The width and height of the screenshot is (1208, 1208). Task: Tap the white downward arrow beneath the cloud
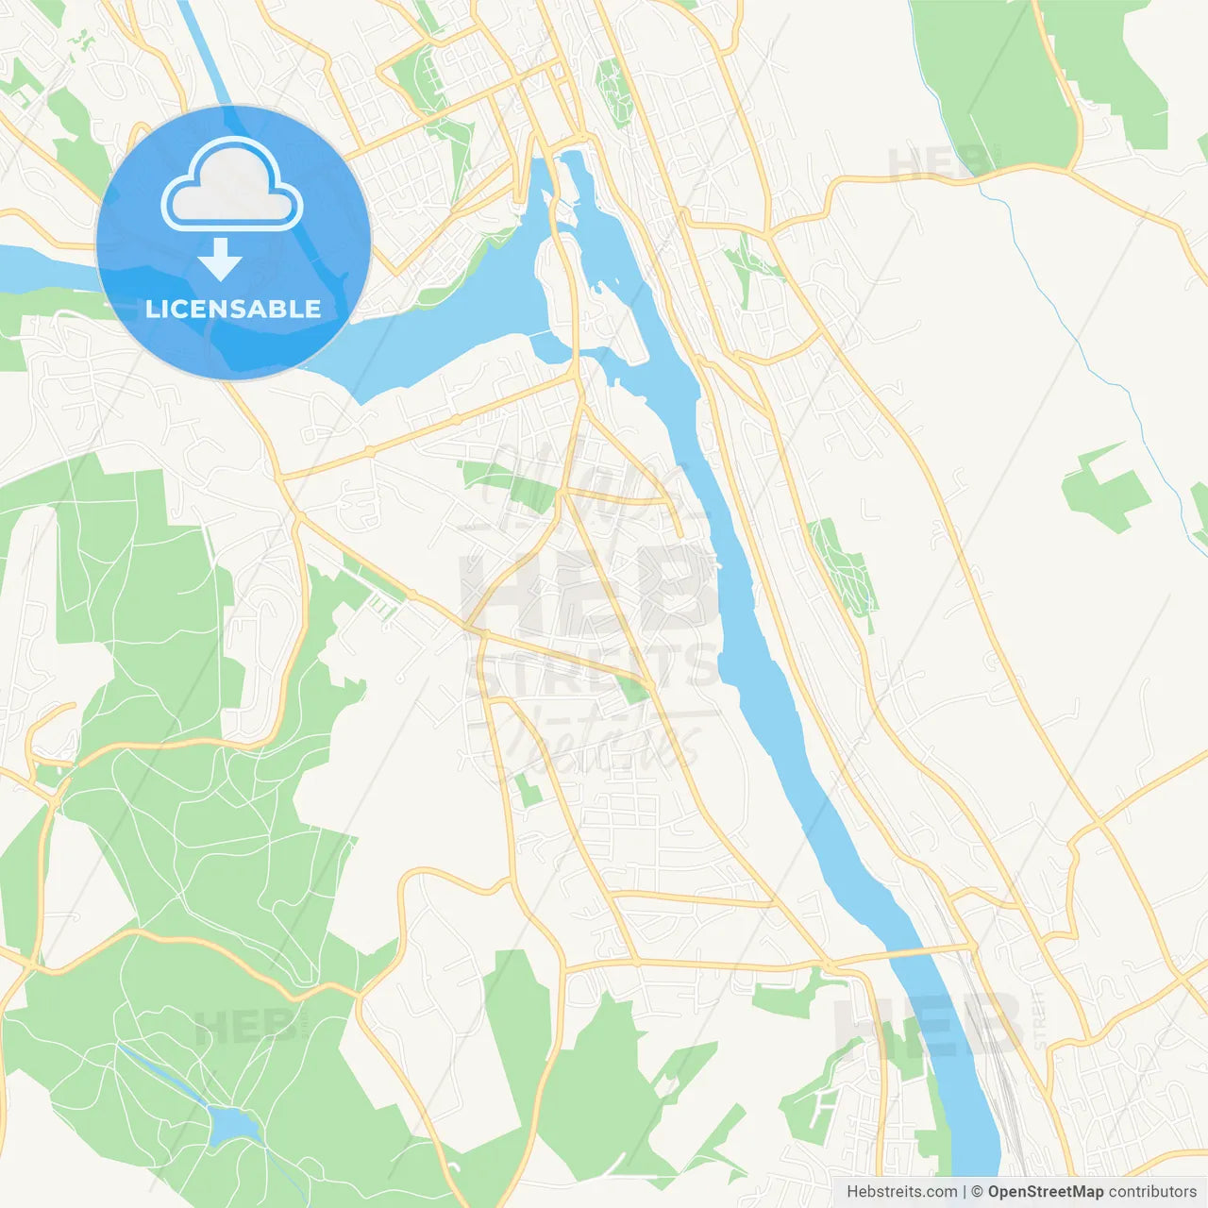[220, 260]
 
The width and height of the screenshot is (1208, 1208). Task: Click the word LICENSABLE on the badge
[233, 309]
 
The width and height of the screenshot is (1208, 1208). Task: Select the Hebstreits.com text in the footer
[902, 1192]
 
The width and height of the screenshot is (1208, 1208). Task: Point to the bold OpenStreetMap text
[1046, 1192]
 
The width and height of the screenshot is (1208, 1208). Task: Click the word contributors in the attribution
[1152, 1192]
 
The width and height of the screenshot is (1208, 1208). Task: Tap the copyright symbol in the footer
[978, 1192]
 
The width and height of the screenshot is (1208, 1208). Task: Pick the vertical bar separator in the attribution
[965, 1192]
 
